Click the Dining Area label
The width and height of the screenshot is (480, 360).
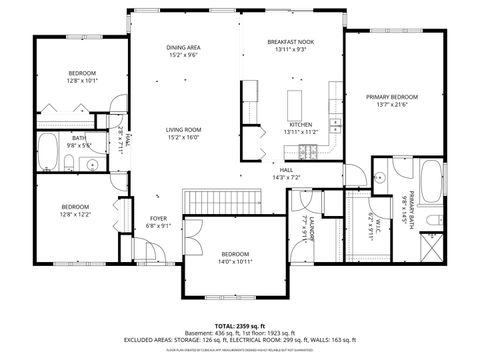click(183, 48)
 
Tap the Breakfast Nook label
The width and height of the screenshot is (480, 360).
click(291, 42)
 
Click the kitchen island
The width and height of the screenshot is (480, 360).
click(295, 103)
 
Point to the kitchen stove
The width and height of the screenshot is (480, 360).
click(308, 151)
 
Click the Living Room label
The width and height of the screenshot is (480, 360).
click(184, 129)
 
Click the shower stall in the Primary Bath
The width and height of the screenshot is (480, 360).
click(434, 246)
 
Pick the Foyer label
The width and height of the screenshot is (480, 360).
click(159, 218)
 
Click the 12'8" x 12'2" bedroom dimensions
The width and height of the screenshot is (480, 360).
click(75, 214)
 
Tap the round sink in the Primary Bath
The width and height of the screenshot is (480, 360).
click(380, 176)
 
